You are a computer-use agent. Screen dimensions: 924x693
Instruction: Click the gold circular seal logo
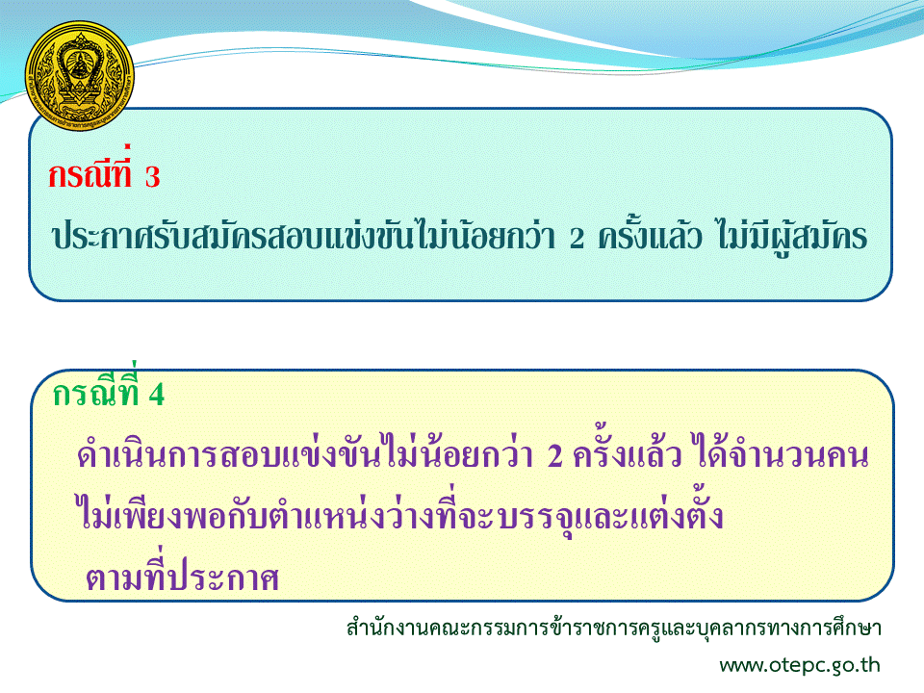[x=80, y=75]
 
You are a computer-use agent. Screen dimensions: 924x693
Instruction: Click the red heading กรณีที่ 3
[x=104, y=172]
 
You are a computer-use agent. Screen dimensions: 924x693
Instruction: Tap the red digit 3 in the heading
[x=152, y=177]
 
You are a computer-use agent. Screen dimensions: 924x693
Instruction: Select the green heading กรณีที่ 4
[x=109, y=389]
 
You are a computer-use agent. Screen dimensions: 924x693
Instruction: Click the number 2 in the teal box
[x=577, y=238]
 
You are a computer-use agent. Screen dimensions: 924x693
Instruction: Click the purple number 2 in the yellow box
[x=555, y=455]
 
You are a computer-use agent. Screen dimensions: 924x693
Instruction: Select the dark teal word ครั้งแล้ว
[x=650, y=235]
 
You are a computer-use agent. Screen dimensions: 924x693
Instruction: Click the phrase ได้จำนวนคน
[x=783, y=452]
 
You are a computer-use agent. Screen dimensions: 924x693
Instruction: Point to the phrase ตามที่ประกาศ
[x=182, y=574]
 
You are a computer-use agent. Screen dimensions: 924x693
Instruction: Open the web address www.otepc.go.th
[x=800, y=665]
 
